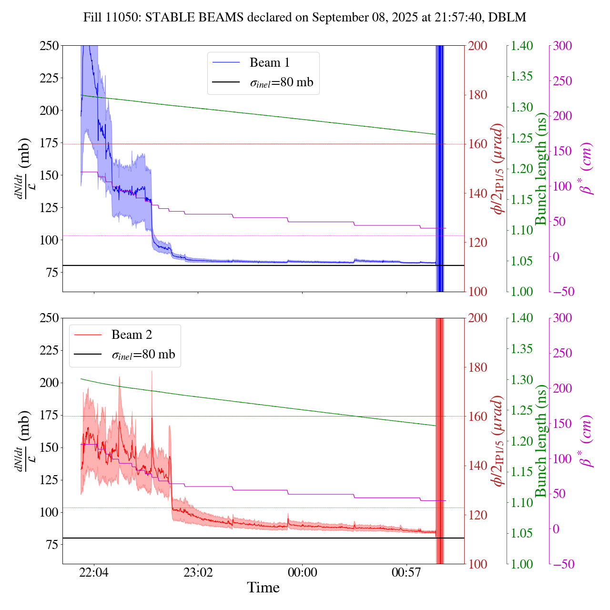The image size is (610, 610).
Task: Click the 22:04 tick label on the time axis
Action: coord(94,572)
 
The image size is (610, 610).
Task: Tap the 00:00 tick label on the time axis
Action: coord(302,572)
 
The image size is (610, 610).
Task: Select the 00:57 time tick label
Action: coord(406,572)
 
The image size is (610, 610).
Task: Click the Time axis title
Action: coord(263,588)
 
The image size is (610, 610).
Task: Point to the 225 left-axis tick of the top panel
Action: coord(49,78)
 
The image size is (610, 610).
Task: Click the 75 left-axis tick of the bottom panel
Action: coord(52,545)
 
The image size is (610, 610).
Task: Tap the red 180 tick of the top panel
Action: coord(478,95)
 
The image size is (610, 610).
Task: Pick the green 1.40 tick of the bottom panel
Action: coord(522,318)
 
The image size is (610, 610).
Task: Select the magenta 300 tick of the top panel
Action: coord(562,46)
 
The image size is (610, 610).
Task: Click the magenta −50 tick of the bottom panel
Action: coord(562,564)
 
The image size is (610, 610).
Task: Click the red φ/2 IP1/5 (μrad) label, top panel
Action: coord(498,169)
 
